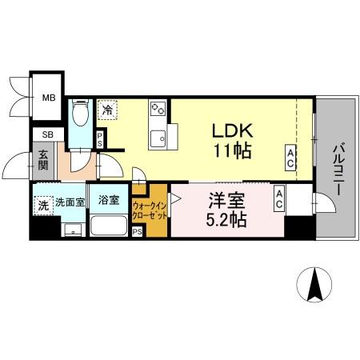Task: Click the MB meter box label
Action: pos(49,98)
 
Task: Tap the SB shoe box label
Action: pos(48,134)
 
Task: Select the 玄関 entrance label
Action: pos(43,161)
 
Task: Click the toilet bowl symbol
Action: pos(80,112)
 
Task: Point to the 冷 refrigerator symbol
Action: pos(107,110)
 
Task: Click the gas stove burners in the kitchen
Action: pos(158,109)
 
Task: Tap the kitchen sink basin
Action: pos(158,138)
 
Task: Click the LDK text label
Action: pos(232,130)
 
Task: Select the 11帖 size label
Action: pos(233,151)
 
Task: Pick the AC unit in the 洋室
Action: pos(279,199)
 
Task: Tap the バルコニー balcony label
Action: pos(338,170)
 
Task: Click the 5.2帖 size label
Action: pos(226,220)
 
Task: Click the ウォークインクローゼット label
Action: pos(150,210)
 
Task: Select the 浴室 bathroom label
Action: pos(109,200)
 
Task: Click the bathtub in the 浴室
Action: pos(109,226)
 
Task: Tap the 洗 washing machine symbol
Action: pos(43,206)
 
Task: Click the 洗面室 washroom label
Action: pos(70,202)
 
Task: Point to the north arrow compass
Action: pos(314,285)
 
